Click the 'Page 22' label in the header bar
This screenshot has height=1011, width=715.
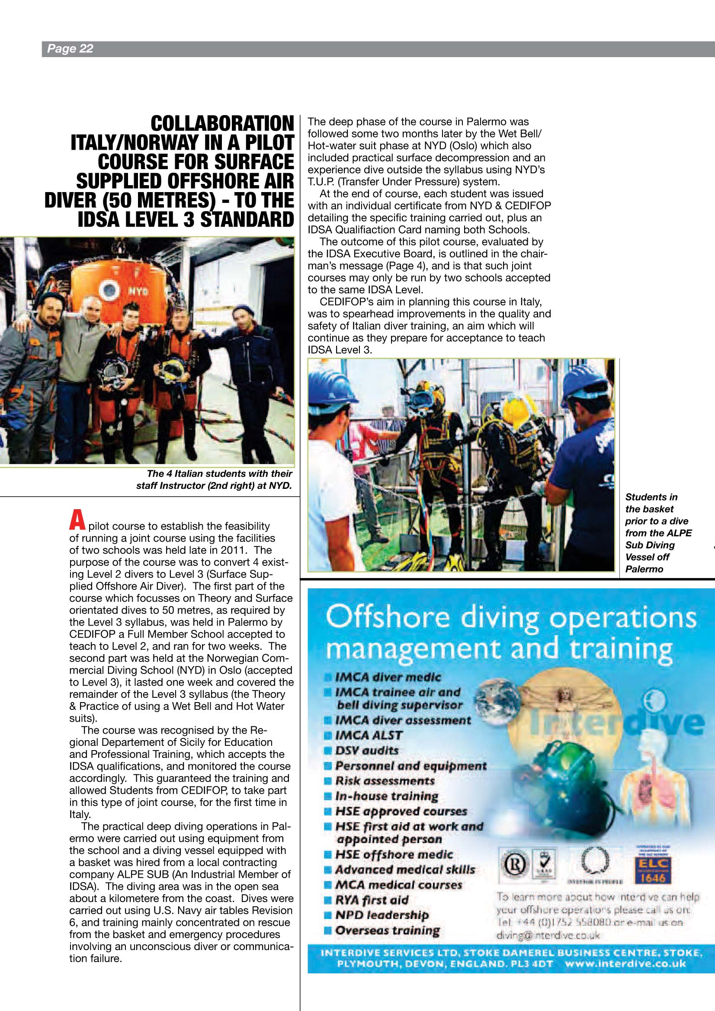(x=70, y=48)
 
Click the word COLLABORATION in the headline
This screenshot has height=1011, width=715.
(x=222, y=124)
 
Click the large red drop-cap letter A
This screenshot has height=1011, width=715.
(x=77, y=520)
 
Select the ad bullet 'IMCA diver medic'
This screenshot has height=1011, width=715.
(x=388, y=677)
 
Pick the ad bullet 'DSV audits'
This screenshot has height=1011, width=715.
(x=367, y=750)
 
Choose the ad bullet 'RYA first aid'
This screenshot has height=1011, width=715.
(x=372, y=900)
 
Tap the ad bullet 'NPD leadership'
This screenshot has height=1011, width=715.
(x=382, y=915)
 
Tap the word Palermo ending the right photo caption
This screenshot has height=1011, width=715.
(x=644, y=569)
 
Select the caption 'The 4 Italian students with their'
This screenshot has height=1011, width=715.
(x=219, y=474)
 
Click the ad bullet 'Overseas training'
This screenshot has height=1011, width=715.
(x=387, y=931)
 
